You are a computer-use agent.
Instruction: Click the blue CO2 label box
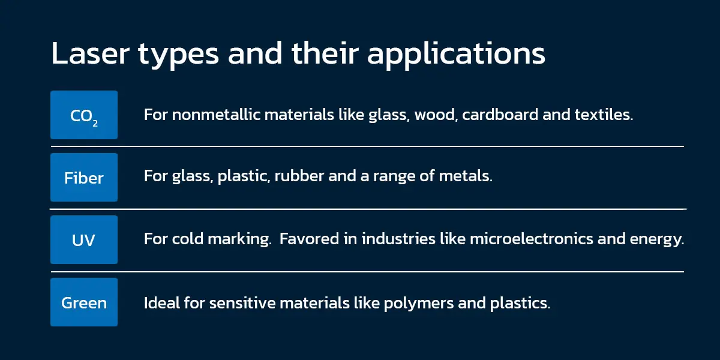(x=84, y=115)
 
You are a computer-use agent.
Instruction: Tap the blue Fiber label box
(x=84, y=177)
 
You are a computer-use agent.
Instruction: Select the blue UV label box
(x=84, y=239)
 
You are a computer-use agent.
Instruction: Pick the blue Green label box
(x=84, y=302)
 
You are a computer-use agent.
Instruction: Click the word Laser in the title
(x=91, y=53)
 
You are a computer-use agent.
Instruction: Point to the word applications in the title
(x=456, y=55)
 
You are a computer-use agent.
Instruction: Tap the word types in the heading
(x=179, y=56)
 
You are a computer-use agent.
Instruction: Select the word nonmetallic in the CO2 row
(x=216, y=115)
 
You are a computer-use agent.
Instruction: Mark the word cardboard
(x=500, y=115)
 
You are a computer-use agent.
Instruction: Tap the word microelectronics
(x=532, y=239)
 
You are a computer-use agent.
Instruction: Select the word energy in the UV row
(x=656, y=240)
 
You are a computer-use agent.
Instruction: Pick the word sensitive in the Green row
(x=242, y=303)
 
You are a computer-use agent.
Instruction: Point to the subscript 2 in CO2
(x=95, y=123)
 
